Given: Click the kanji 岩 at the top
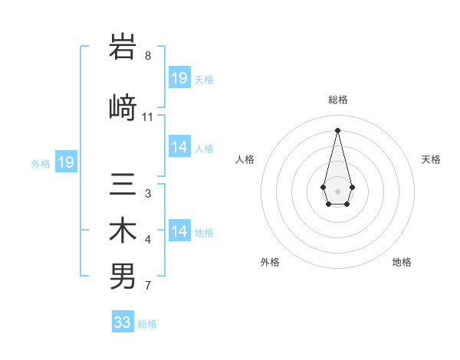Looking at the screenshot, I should click(x=123, y=47).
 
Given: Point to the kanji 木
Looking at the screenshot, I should click(x=123, y=231).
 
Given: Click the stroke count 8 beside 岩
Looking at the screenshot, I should click(x=148, y=56).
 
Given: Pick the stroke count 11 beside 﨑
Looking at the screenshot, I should click(x=148, y=117).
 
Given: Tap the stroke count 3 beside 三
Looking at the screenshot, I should click(x=147, y=194).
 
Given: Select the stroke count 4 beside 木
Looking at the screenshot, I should click(x=148, y=241).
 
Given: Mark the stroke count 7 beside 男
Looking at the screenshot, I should click(x=147, y=286).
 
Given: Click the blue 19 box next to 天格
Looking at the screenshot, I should click(x=179, y=78).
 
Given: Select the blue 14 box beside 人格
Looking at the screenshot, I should click(x=179, y=147).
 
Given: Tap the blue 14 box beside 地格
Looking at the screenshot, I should click(x=179, y=231).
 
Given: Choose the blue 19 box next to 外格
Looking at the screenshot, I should click(x=66, y=162).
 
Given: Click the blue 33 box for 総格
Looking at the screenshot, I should click(x=123, y=322).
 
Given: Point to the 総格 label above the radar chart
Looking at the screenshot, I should click(x=338, y=100).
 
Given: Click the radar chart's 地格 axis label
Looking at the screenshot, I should click(x=402, y=262).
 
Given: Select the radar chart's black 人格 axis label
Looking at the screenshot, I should click(x=245, y=159).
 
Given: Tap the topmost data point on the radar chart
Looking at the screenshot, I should click(x=337, y=129).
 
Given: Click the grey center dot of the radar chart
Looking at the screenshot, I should click(x=337, y=190).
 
